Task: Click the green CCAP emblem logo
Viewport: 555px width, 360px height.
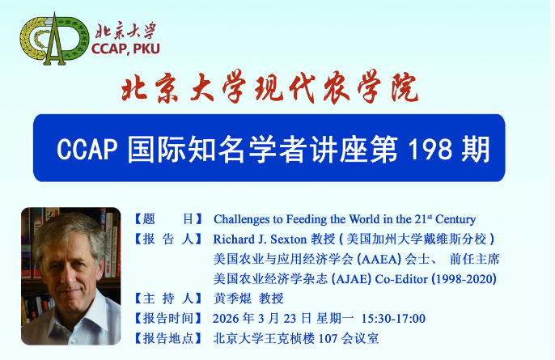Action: (x=54, y=39)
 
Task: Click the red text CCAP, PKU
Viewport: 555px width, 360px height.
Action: (x=125, y=49)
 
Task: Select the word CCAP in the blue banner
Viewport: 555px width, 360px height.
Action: (x=87, y=149)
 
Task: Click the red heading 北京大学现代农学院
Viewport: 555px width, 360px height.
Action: (x=270, y=87)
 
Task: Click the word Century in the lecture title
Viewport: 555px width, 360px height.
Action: (x=455, y=219)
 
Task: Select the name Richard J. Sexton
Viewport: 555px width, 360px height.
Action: (x=260, y=239)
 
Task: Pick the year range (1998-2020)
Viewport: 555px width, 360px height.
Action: (x=464, y=279)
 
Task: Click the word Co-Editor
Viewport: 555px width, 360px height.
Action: (x=401, y=279)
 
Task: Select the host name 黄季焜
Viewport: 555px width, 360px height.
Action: (x=232, y=299)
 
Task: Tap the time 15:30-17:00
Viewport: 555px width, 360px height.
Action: (x=393, y=318)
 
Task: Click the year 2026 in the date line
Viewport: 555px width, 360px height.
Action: (x=226, y=319)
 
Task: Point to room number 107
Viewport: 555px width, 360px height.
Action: (x=328, y=338)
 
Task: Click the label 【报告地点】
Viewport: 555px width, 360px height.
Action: (x=168, y=338)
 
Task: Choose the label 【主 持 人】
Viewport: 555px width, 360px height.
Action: (x=168, y=299)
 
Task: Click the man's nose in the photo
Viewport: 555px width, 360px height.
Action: (x=66, y=277)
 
